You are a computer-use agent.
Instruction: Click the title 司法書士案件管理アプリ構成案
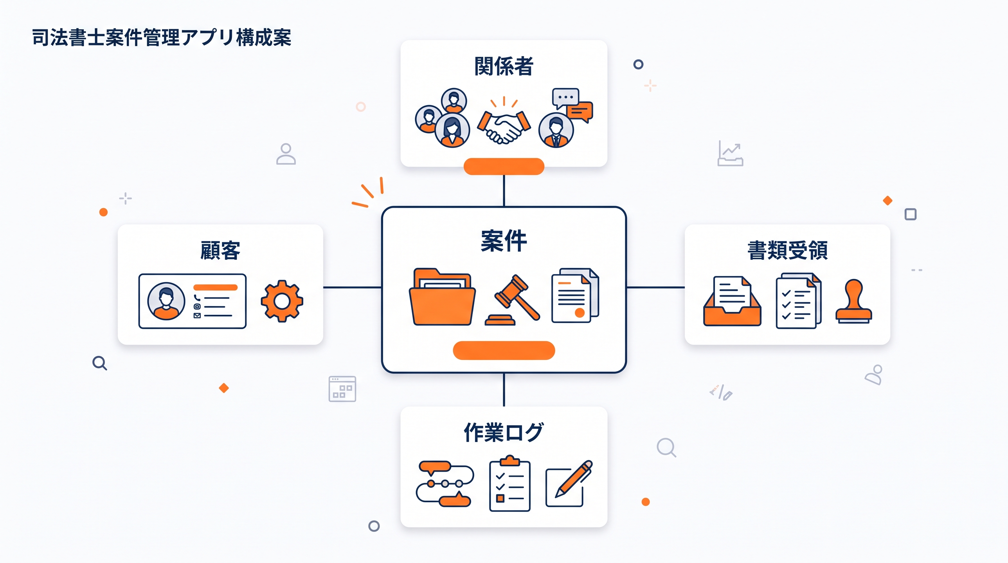pyautogui.click(x=162, y=38)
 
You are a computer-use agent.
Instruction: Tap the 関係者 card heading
pyautogui.click(x=504, y=66)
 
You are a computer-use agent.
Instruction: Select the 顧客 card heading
pyautogui.click(x=220, y=251)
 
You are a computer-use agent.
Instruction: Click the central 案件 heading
pyautogui.click(x=504, y=241)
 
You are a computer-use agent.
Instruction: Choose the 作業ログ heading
pyautogui.click(x=504, y=432)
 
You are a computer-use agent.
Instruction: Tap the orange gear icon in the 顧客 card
pyautogui.click(x=282, y=301)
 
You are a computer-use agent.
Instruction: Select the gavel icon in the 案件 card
pyautogui.click(x=513, y=300)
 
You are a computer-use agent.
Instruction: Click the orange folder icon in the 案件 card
pyautogui.click(x=442, y=297)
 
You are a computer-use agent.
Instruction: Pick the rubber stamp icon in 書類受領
pyautogui.click(x=853, y=301)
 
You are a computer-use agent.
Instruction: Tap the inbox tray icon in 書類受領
pyautogui.click(x=732, y=301)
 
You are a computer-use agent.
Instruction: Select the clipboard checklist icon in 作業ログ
pyautogui.click(x=510, y=483)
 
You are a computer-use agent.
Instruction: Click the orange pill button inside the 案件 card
pyautogui.click(x=504, y=350)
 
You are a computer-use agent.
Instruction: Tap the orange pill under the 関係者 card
pyautogui.click(x=504, y=166)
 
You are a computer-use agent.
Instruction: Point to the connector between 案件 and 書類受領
pyautogui.click(x=655, y=287)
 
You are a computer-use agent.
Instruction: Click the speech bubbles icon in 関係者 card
pyautogui.click(x=572, y=105)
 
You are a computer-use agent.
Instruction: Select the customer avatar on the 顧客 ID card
pyautogui.click(x=166, y=301)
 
